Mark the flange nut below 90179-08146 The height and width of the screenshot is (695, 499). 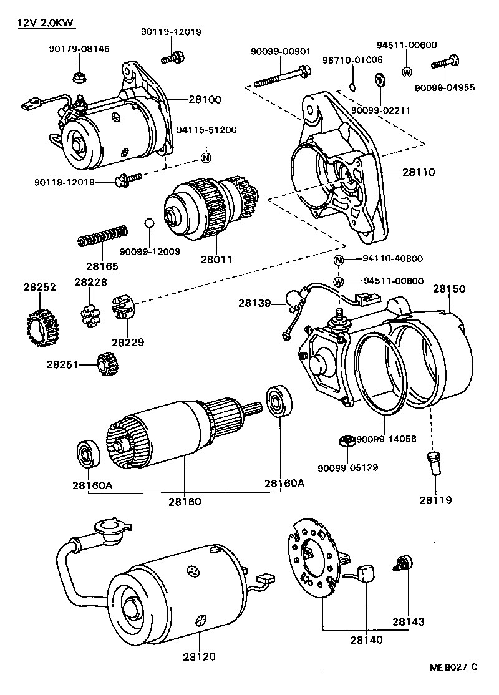pyautogui.click(x=80, y=78)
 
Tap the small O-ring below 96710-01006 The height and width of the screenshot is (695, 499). pyautogui.click(x=352, y=87)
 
